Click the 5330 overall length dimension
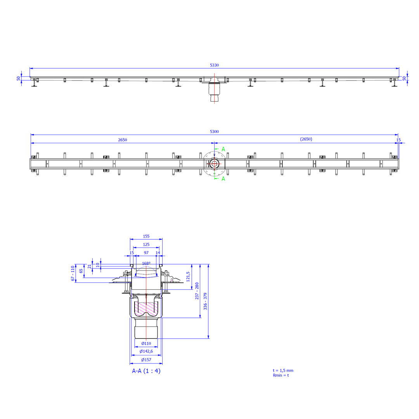[x=214, y=65]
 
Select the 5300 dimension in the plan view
[x=214, y=132]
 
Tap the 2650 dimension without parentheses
[x=123, y=140]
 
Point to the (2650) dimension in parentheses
[x=306, y=139]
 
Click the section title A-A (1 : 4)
[x=146, y=371]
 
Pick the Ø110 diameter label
[x=146, y=343]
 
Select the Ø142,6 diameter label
[x=146, y=351]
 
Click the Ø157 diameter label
[x=146, y=360]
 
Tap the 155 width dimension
[x=146, y=236]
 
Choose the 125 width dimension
[x=146, y=244]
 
